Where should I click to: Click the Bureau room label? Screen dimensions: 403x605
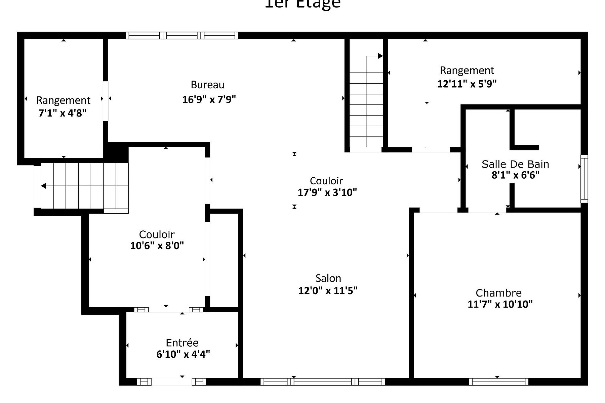[207, 85]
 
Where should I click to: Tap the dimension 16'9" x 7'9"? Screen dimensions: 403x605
[209, 100]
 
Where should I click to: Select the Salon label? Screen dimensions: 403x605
[328, 278]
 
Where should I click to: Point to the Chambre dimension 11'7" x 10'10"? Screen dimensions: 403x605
[500, 304]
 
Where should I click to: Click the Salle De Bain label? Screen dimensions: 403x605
[515, 164]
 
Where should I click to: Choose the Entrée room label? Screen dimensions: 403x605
[182, 343]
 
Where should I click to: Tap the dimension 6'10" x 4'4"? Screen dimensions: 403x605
[183, 354]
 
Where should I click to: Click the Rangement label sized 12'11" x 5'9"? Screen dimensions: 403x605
[467, 71]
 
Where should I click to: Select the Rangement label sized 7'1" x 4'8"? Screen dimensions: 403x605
[63, 100]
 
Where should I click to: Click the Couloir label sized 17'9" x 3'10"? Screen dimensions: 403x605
[326, 181]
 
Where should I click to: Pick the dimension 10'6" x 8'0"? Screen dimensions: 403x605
[157, 246]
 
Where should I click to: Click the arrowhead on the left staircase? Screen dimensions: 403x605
[44, 186]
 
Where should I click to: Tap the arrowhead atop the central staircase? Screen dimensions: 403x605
[380, 56]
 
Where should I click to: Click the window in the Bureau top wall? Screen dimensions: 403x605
[182, 36]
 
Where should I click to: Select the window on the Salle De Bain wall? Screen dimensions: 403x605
[584, 179]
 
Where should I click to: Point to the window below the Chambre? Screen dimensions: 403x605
[498, 382]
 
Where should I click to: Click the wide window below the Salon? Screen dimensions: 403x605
[323, 382]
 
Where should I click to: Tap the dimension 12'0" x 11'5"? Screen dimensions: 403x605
[328, 290]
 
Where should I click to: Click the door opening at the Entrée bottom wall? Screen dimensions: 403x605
[171, 382]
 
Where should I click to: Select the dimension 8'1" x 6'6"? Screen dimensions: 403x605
[515, 175]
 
